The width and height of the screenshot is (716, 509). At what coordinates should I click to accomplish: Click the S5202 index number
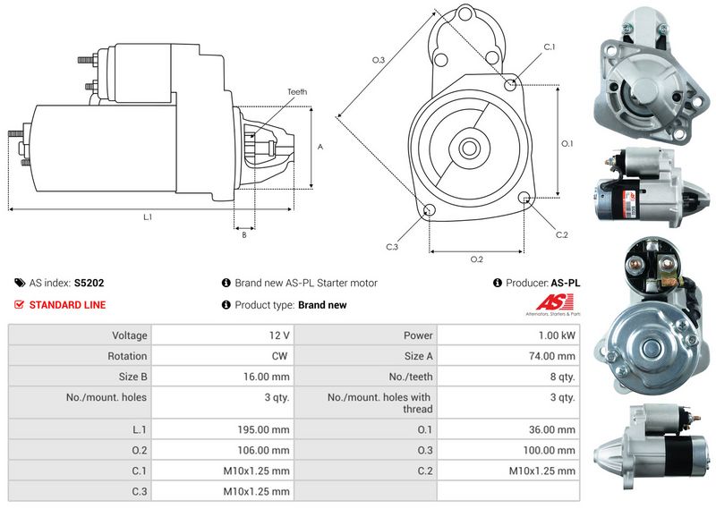tap(89, 283)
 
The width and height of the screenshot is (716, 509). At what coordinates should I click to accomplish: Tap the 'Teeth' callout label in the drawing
tap(297, 91)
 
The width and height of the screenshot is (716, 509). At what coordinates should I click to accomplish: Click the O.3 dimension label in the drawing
tap(379, 60)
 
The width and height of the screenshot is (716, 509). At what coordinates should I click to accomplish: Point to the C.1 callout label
tap(550, 47)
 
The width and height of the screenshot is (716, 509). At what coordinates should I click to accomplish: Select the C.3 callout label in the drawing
tap(392, 247)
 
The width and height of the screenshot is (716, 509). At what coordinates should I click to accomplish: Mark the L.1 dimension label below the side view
tap(148, 217)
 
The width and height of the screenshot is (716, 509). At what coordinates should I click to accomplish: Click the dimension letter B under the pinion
tap(243, 235)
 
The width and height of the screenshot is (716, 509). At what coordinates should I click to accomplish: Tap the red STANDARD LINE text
tap(67, 305)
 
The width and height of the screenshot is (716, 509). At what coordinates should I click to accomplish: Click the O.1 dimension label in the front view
tap(567, 143)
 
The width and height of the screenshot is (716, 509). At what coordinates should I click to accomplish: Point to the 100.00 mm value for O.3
tap(555, 450)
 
